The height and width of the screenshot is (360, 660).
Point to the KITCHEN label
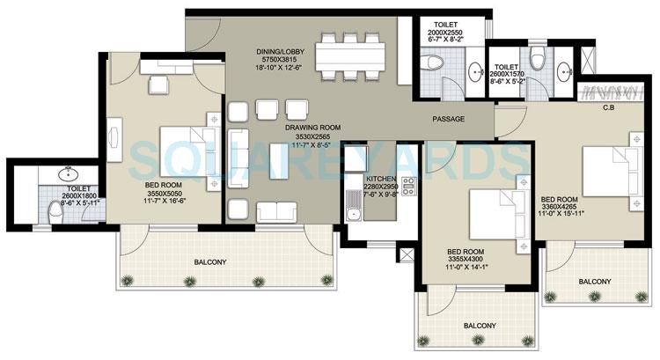pos(383,179)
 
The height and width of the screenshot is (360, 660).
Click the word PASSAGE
pos(448,119)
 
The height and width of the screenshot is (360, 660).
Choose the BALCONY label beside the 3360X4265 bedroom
pos(594,282)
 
